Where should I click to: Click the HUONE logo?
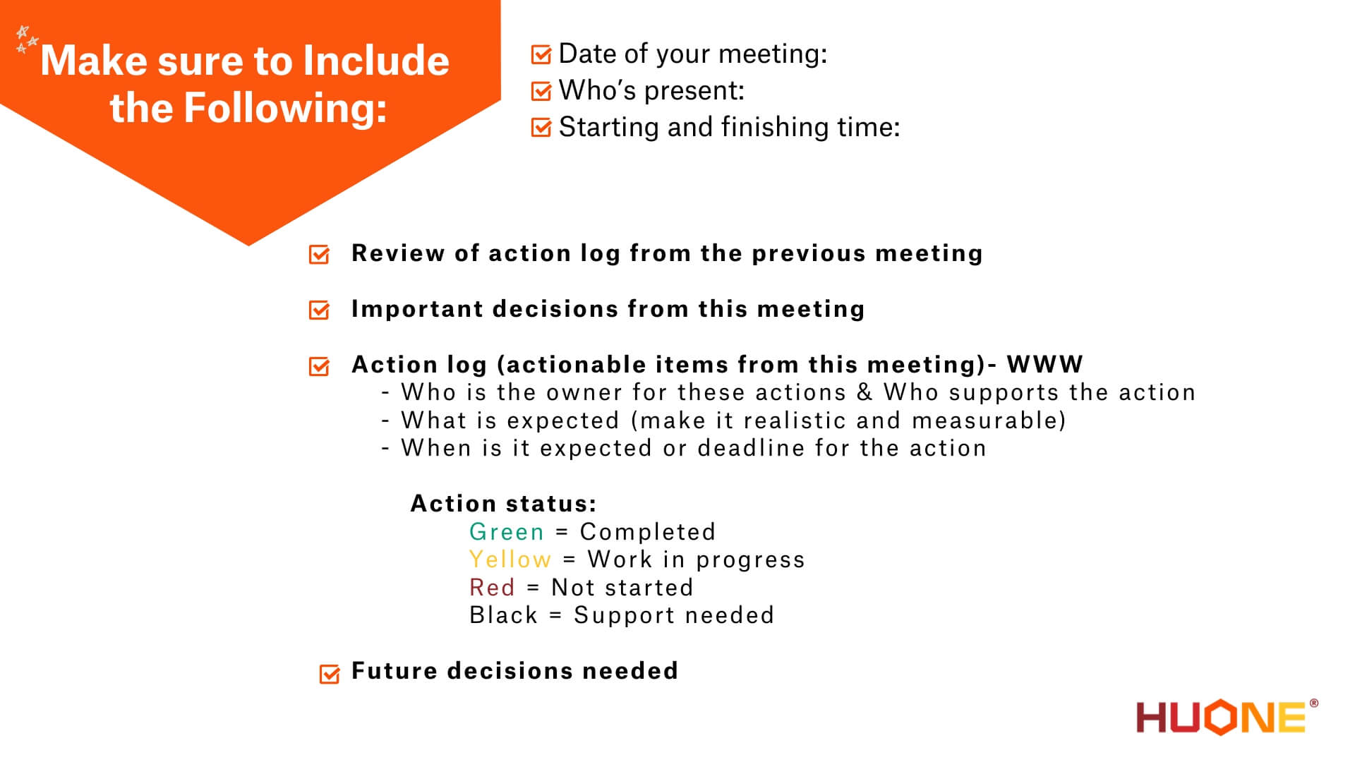(1225, 717)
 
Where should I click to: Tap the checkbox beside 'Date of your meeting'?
(541, 54)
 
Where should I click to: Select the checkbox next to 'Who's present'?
(541, 91)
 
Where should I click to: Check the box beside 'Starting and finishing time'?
(541, 128)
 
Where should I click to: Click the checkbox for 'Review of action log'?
(319, 254)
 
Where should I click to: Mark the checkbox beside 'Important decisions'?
(319, 310)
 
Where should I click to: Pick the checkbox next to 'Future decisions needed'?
(330, 674)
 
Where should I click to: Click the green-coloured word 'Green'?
(506, 532)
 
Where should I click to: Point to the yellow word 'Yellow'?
(510, 560)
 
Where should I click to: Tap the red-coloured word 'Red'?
(492, 588)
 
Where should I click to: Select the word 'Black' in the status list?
(503, 615)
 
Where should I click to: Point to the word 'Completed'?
(647, 532)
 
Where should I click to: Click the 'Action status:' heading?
(503, 504)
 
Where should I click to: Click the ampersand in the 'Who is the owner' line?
(865, 392)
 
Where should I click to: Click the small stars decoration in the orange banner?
(27, 39)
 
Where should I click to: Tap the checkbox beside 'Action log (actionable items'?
(319, 366)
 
